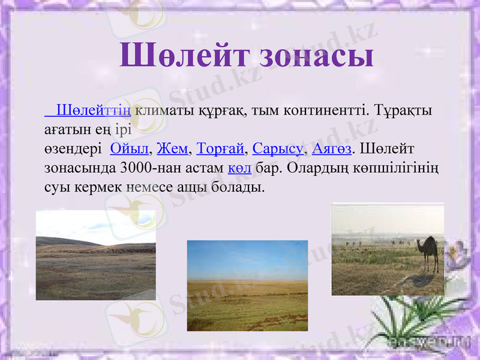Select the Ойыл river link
(129, 148)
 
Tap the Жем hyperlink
(172, 148)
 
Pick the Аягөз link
(332, 148)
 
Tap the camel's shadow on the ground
(423, 279)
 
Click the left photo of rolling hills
(95, 255)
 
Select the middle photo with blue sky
(247, 285)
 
